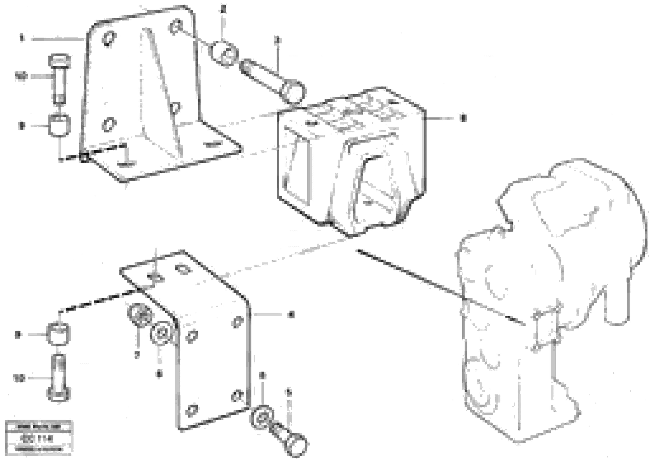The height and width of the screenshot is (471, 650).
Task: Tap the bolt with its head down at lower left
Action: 59,378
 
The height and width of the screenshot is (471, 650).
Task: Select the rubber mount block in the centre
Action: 351,160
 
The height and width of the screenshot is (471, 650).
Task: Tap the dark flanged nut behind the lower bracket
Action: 138,316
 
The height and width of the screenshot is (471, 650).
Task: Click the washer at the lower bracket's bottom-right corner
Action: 262,417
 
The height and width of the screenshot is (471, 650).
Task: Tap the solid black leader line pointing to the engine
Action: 438,287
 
